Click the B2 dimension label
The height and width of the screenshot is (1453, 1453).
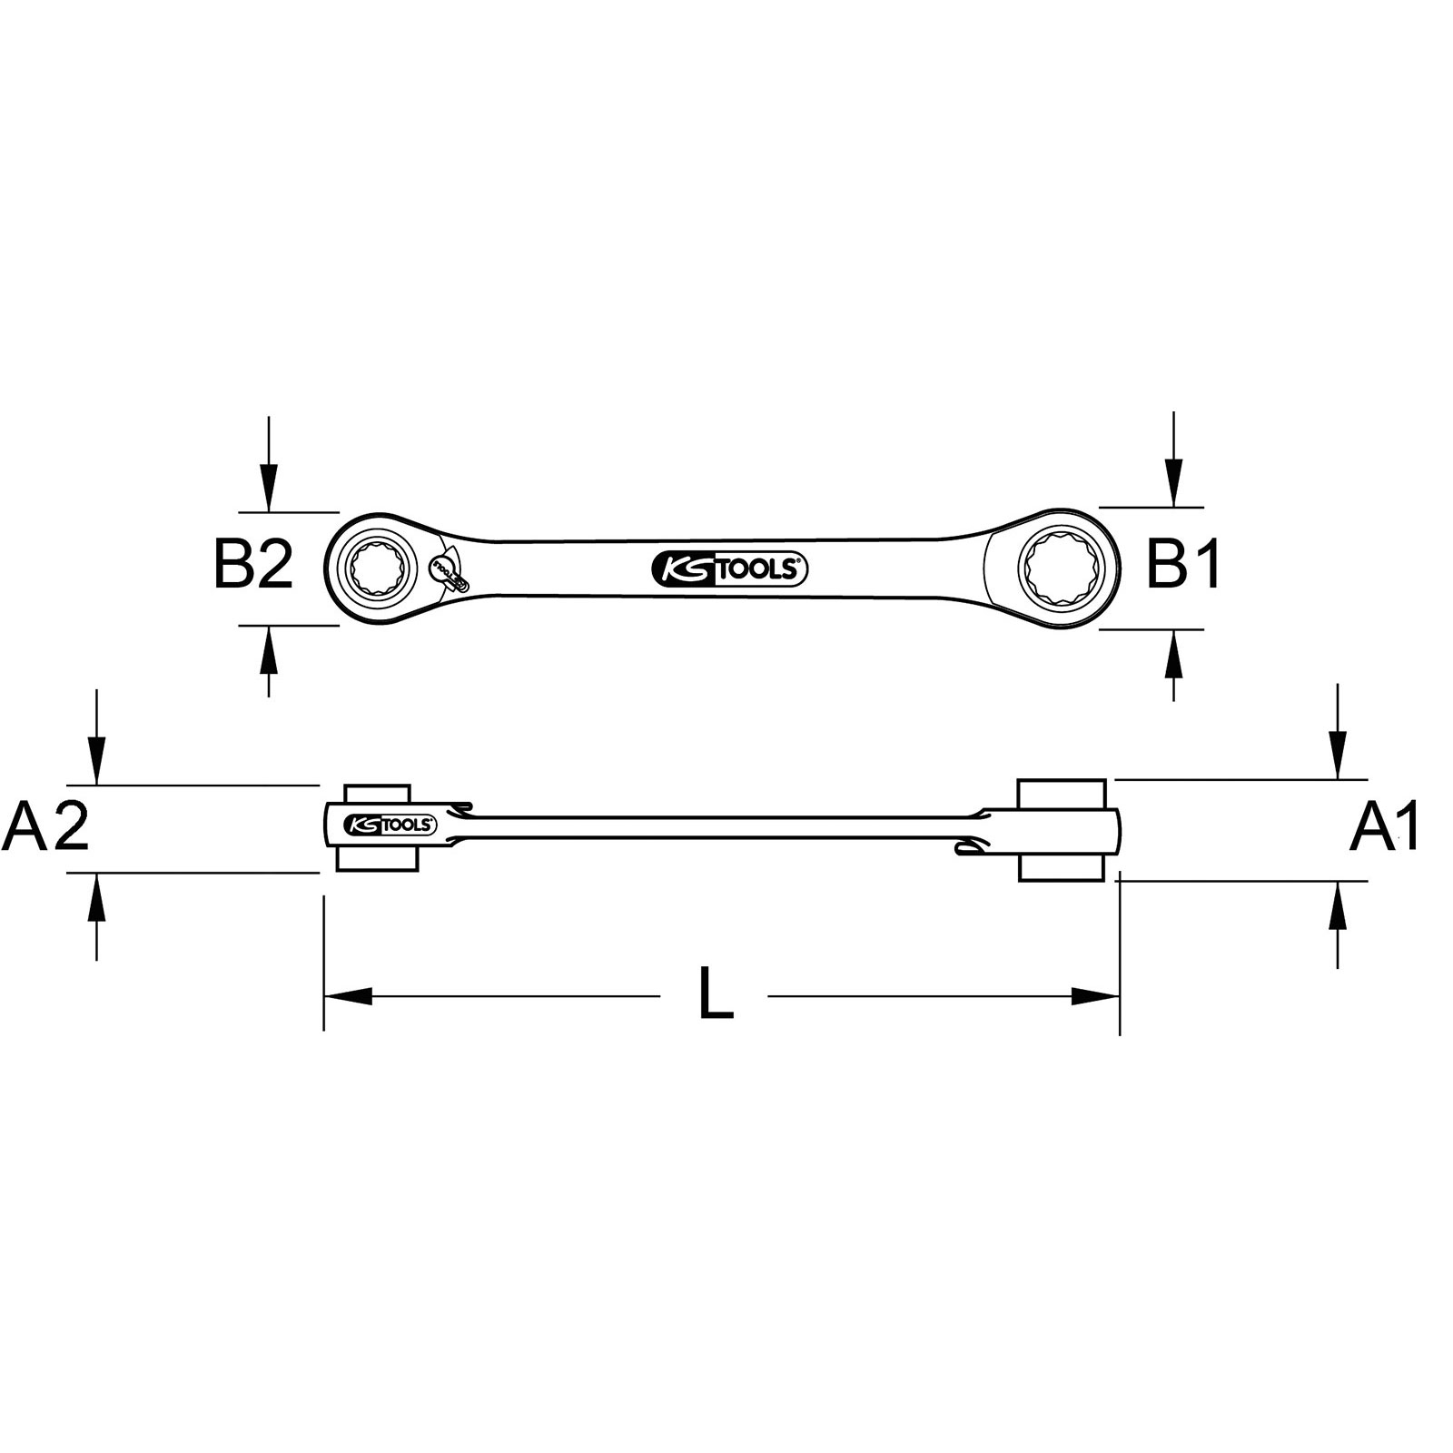[253, 565]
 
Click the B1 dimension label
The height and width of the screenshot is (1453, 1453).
[1184, 565]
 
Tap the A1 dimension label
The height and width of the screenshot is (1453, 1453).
[1385, 827]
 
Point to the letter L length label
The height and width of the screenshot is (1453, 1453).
[716, 994]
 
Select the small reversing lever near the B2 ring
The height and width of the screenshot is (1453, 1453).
[446, 572]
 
